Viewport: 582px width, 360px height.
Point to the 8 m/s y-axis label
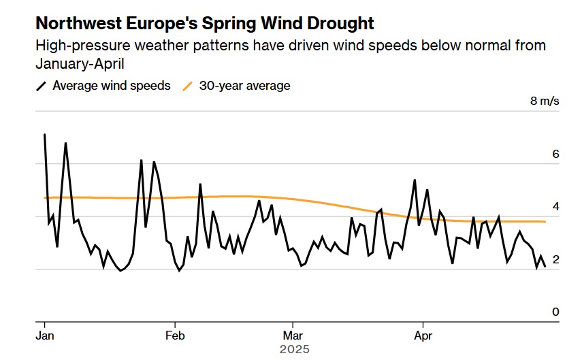point(545,101)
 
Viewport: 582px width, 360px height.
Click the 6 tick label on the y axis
point(555,154)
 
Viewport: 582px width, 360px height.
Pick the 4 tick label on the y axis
point(555,207)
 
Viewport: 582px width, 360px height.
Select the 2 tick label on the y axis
point(555,259)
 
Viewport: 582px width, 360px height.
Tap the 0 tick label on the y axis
point(555,312)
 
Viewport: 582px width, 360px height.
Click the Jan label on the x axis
point(45,336)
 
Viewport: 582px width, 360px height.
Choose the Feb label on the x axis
point(176,336)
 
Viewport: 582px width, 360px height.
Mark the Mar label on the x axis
point(293,336)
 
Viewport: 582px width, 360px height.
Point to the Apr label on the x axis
point(423,336)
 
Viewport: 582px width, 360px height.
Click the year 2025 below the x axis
point(294,349)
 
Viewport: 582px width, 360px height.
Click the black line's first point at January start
point(45,135)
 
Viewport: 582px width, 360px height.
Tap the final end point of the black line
point(545,266)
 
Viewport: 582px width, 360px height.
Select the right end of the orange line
point(545,222)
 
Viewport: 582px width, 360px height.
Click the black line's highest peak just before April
point(415,180)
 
